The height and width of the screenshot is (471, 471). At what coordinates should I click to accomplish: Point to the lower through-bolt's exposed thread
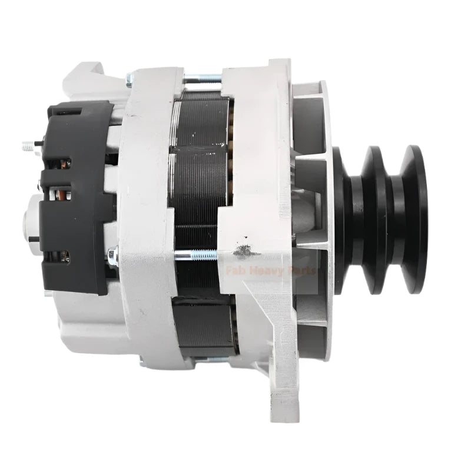coord(200,255)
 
